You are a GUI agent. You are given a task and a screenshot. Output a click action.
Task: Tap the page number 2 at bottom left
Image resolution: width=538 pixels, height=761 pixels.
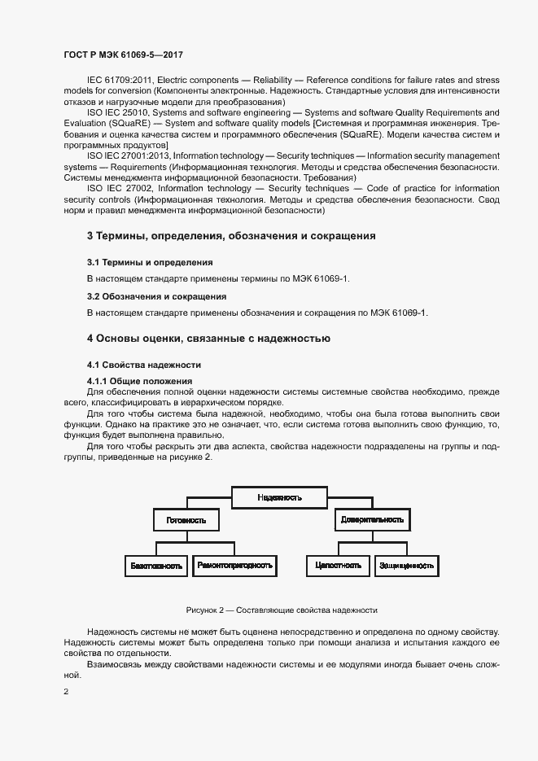point(66,693)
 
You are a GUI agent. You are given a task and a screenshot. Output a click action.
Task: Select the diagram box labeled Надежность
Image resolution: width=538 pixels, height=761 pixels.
point(279,496)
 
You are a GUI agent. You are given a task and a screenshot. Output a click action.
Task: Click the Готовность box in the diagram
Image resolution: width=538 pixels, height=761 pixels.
point(186,519)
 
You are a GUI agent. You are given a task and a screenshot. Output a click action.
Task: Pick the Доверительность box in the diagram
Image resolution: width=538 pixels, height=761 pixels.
point(372,519)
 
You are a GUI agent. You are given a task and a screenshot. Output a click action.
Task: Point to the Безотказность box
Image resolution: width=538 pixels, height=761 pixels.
point(155,565)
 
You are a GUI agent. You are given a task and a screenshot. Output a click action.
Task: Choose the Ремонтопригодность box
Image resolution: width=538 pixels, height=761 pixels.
point(234,565)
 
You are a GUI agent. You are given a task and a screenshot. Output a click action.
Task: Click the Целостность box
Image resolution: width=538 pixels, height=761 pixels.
point(338,565)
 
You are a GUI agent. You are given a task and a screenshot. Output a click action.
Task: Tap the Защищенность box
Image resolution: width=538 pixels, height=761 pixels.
point(406,565)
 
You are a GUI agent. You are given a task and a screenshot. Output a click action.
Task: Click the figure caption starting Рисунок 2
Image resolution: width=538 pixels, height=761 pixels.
point(282,610)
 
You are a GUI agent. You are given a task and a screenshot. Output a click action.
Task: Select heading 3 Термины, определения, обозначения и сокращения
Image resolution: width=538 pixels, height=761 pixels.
point(231,236)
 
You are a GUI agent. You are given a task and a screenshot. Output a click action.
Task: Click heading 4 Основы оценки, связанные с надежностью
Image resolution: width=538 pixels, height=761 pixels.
point(208,338)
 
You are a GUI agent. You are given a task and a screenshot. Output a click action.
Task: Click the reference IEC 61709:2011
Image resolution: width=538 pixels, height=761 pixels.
point(118,80)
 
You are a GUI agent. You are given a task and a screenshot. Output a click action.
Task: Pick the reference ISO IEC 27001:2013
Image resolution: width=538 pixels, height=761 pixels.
point(125,155)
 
